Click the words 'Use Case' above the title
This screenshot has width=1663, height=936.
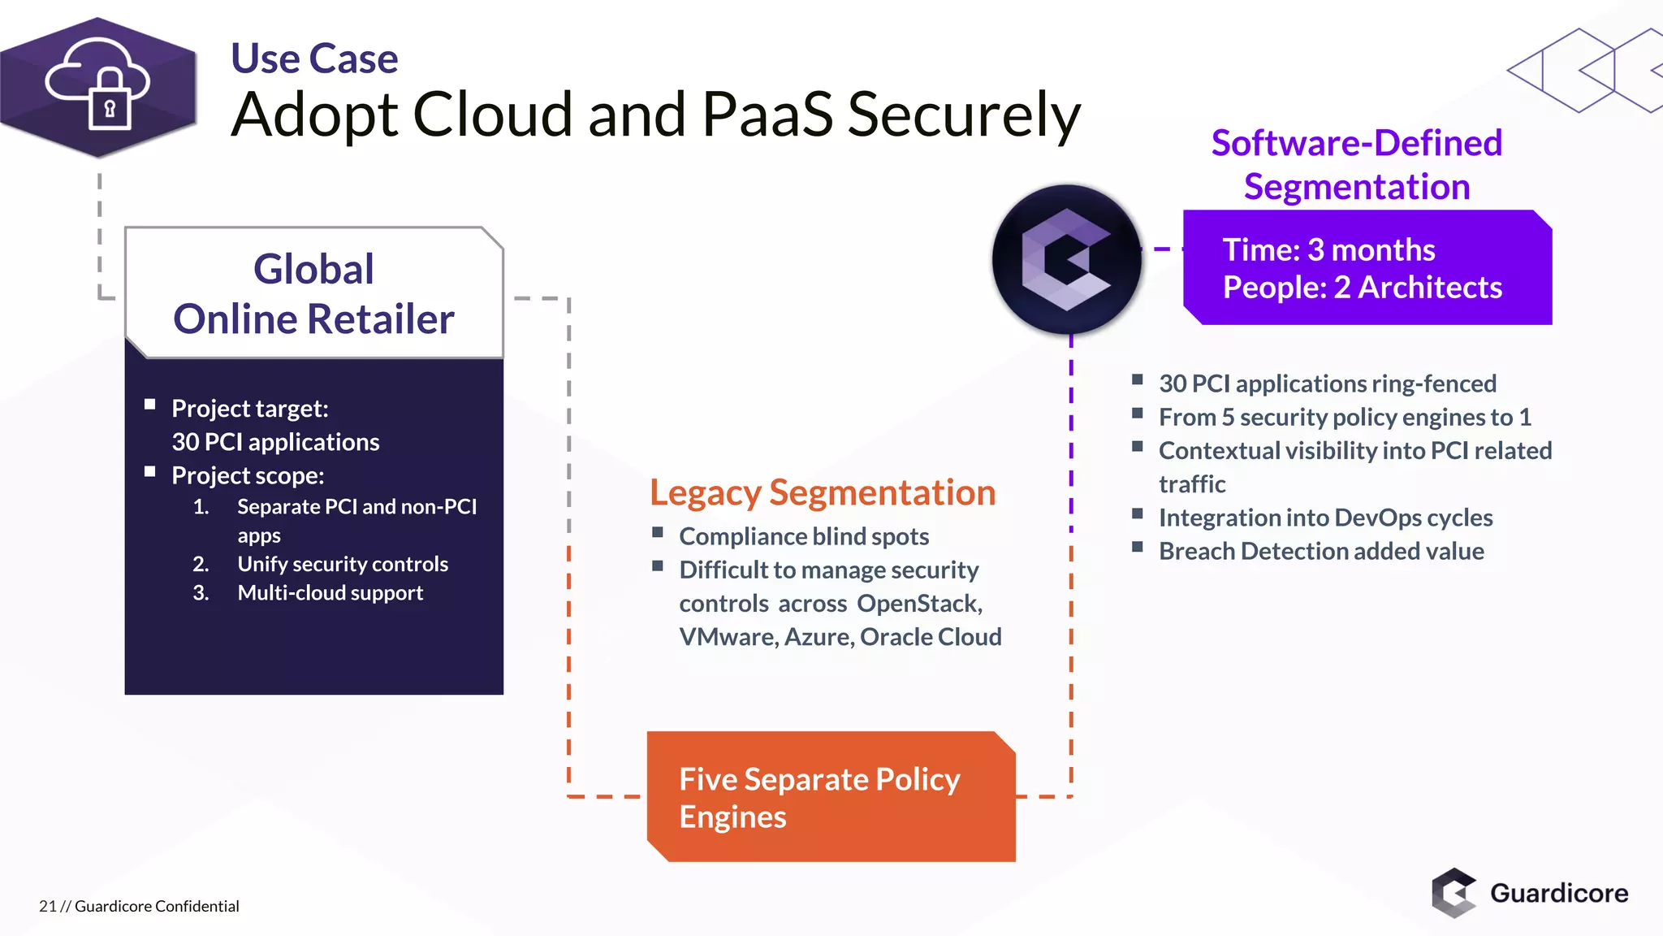point(314,58)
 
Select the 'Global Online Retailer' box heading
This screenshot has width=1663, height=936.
point(313,293)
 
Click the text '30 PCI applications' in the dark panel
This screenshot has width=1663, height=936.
point(275,442)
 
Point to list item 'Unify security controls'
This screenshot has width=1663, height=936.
point(342,564)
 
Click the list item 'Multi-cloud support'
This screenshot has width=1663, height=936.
point(330,593)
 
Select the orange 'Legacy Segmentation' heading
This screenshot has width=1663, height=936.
point(822,492)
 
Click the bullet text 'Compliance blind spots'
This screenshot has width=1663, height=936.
point(803,536)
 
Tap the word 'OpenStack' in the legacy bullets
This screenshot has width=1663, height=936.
point(918,604)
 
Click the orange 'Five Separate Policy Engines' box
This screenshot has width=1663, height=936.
point(830,797)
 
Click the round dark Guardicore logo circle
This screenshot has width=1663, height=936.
point(1066,259)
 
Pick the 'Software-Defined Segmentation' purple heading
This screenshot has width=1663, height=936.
point(1356,165)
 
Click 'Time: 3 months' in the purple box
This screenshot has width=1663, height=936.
point(1328,249)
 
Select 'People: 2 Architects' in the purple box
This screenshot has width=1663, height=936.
point(1362,288)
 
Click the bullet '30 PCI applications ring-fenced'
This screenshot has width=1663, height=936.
point(1327,383)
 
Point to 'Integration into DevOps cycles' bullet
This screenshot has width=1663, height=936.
point(1325,518)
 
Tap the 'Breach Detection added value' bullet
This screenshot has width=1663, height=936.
point(1320,552)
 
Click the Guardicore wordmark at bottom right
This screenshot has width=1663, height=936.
point(1558,893)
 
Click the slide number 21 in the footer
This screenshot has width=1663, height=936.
point(47,906)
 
